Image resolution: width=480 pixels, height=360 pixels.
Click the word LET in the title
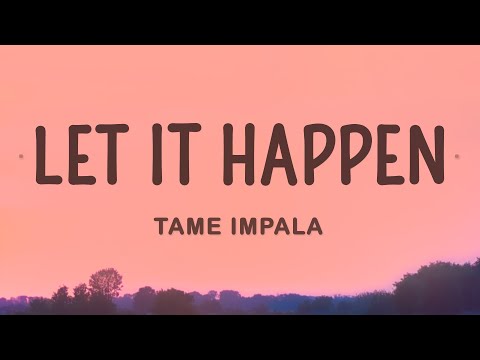[x=83, y=156]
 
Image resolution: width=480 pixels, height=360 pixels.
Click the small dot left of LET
[x=24, y=157]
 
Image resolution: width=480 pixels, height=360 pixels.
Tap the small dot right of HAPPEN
[x=457, y=156]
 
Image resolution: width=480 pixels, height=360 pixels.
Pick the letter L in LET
[x=46, y=156]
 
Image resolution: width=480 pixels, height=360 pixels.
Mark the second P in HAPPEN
[x=353, y=156]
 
